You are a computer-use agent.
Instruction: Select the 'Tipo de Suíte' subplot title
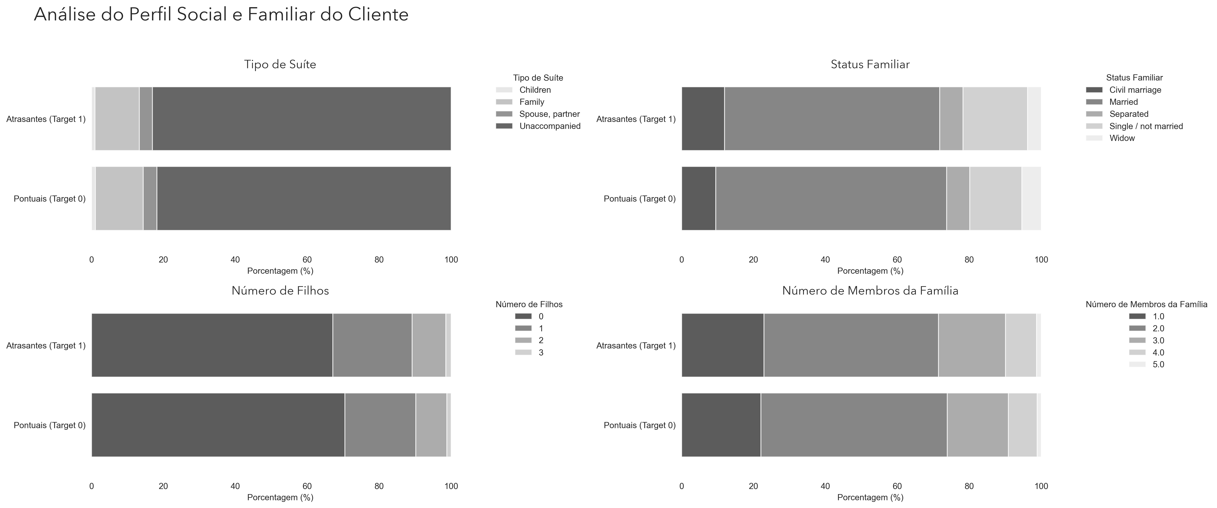click(x=280, y=64)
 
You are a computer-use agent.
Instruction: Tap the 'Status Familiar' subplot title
click(x=870, y=64)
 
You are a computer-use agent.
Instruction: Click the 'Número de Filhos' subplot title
click(x=280, y=291)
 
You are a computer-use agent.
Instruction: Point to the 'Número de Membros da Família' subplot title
click(x=870, y=291)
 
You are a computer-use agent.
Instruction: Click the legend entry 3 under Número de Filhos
click(x=529, y=353)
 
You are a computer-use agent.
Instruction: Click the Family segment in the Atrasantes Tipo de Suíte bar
click(x=117, y=118)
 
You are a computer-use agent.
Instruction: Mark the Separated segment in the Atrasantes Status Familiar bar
click(x=951, y=118)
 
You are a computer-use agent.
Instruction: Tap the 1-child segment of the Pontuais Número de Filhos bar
click(x=380, y=425)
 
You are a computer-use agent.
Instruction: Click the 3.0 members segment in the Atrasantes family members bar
click(x=972, y=345)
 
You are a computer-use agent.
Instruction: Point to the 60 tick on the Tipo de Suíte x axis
click(x=307, y=260)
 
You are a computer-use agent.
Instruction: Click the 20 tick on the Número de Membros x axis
click(x=754, y=486)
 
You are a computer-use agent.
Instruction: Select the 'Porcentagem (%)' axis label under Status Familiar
click(x=870, y=271)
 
